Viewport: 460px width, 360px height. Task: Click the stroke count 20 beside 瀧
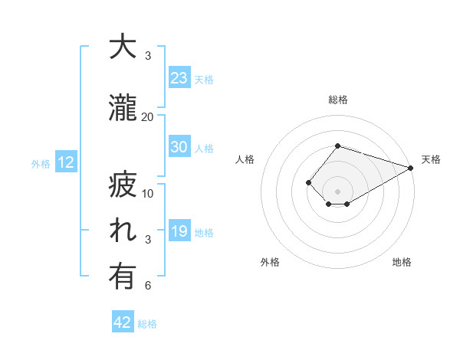(148, 116)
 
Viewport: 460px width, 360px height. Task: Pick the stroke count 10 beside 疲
(148, 193)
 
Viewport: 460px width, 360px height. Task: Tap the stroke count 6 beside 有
(148, 286)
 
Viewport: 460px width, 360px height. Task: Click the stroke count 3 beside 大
(148, 56)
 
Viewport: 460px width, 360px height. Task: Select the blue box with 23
(179, 78)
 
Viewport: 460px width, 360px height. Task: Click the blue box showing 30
(179, 147)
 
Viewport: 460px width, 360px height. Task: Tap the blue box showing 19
(179, 231)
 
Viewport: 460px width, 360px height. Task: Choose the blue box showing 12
(65, 162)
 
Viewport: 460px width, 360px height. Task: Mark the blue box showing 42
(122, 322)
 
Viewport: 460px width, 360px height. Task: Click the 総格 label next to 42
(148, 324)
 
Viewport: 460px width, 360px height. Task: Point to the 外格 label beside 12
(41, 163)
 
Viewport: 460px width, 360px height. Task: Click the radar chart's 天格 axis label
(431, 159)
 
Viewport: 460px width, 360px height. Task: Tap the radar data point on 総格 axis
(337, 146)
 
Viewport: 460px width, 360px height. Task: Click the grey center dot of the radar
(337, 190)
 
